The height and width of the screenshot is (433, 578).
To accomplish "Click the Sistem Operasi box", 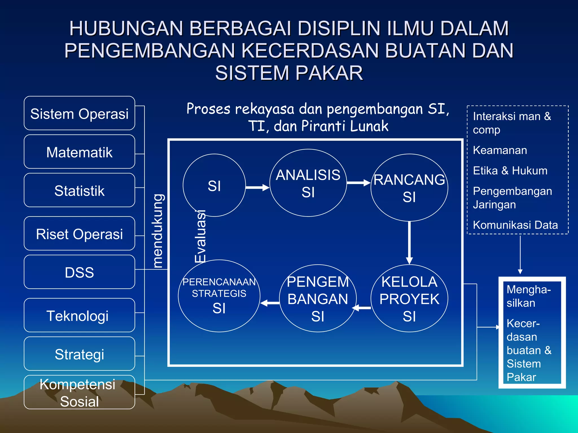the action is click(79, 113).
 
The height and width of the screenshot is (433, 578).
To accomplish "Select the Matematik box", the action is click(79, 152).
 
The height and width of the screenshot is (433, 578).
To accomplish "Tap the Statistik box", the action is click(79, 190).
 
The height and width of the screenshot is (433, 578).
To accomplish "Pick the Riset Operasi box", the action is click(79, 234).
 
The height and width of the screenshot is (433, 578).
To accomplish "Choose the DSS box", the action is click(79, 272).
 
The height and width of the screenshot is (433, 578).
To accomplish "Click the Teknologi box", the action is click(79, 315).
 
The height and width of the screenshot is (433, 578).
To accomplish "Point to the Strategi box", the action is click(79, 354).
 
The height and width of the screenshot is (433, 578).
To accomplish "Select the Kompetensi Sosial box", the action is click(79, 392).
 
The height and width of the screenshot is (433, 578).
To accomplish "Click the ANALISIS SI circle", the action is click(308, 183).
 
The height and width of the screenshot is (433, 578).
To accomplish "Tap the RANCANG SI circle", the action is click(409, 188).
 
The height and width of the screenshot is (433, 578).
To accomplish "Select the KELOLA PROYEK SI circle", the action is click(409, 299).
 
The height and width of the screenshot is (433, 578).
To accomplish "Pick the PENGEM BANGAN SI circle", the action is click(318, 299).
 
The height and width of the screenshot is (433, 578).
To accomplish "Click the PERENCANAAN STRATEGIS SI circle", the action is click(219, 296).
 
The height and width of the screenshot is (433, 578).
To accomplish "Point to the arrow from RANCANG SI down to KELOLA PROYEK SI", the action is click(409, 242).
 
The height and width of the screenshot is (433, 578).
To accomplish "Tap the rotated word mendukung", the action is click(157, 231).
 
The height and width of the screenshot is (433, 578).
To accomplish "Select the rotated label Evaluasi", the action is click(201, 236).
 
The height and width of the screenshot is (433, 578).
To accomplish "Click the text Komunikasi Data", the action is click(515, 225).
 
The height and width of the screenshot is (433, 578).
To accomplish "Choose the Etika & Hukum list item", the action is click(510, 171).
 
